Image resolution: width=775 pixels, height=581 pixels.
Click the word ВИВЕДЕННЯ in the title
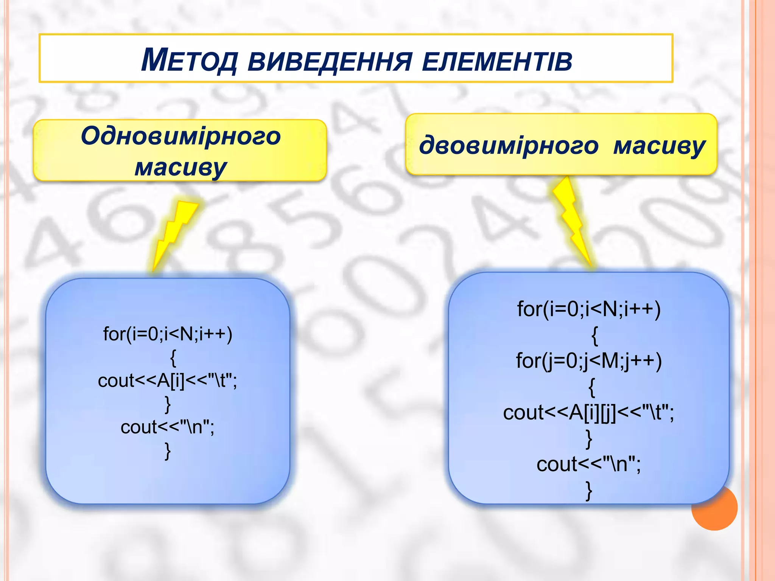pos(329,61)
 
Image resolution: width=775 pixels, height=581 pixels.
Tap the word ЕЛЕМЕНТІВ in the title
pos(496,61)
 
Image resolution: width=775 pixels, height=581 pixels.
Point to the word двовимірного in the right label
pos(509,145)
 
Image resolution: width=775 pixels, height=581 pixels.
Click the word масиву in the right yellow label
pos(659,145)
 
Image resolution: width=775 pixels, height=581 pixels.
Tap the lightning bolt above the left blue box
pos(174,231)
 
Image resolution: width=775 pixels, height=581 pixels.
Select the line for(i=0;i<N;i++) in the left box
pos(168,334)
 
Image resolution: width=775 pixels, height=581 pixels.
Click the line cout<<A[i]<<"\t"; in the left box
pos(168,381)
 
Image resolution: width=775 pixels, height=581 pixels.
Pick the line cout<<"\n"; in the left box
pos(168,427)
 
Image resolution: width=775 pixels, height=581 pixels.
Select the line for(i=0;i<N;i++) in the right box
pos(589,309)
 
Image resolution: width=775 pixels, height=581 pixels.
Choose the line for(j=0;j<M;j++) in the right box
pos(589,360)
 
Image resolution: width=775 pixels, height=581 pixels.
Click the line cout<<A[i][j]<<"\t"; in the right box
pos(589,412)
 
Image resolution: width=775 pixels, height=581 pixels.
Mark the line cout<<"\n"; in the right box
pos(589,464)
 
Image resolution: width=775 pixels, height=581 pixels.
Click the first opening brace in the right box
pos(594,335)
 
